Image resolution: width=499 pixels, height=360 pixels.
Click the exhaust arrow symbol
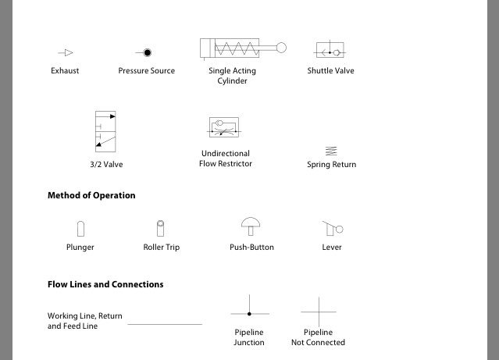(66, 53)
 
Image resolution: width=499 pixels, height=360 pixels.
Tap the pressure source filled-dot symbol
(146, 53)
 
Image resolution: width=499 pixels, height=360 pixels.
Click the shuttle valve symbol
(330, 52)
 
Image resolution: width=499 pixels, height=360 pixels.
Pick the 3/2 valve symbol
(105, 131)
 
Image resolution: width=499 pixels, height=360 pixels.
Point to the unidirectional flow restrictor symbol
(226, 129)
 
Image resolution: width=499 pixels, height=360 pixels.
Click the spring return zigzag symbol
(331, 151)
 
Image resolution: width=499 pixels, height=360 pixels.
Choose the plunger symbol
(80, 228)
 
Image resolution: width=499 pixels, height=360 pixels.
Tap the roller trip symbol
(161, 227)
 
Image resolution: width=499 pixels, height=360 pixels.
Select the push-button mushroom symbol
(251, 226)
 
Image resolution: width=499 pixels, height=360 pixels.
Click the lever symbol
(333, 228)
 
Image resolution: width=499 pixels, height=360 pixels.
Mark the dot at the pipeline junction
(249, 313)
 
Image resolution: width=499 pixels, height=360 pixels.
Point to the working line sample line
(164, 324)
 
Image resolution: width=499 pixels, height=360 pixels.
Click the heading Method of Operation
(91, 195)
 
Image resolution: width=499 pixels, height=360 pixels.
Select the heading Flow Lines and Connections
(105, 284)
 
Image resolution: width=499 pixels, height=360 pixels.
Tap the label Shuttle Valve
(331, 70)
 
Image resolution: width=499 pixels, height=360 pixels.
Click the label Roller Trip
(161, 248)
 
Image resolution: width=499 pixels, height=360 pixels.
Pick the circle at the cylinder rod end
(281, 48)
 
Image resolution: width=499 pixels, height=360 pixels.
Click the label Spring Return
(331, 165)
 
